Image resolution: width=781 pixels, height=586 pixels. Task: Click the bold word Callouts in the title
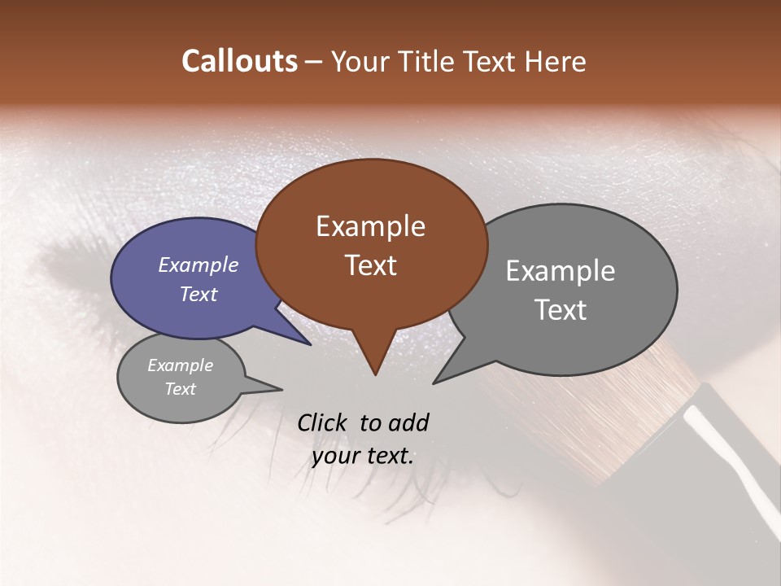click(x=239, y=61)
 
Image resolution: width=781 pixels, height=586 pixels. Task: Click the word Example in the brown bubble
click(x=370, y=226)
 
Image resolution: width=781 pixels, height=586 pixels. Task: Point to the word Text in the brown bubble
click(x=370, y=265)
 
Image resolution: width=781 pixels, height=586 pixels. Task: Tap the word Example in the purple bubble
click(x=198, y=265)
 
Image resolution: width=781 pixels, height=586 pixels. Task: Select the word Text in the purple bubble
click(x=198, y=294)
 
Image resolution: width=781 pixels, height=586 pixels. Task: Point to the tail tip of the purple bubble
click(x=310, y=344)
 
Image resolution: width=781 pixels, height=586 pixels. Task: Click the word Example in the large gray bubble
click(x=560, y=271)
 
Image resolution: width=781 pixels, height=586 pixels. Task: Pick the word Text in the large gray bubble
click(x=560, y=309)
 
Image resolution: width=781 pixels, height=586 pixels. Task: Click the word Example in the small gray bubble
click(x=180, y=365)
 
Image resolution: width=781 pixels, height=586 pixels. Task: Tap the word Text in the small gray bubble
click(x=180, y=388)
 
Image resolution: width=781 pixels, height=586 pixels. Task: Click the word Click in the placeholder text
click(x=323, y=422)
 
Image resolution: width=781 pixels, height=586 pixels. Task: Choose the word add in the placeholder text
click(x=408, y=422)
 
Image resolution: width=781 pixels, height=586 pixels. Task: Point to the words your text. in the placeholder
click(x=362, y=456)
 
